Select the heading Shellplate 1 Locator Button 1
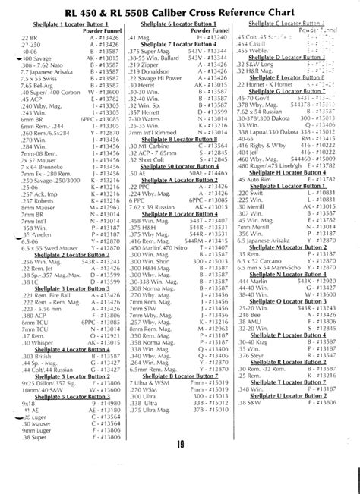62,25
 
